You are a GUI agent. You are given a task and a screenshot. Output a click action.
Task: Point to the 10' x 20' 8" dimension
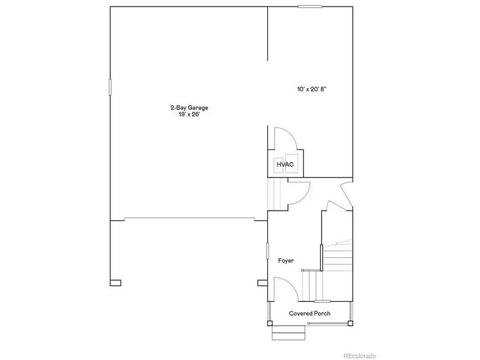point(311,90)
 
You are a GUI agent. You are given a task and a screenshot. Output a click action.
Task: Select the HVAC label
point(285,164)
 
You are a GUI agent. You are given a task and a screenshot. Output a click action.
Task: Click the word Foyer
point(286,260)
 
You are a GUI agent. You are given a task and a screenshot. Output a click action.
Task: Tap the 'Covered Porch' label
point(309,313)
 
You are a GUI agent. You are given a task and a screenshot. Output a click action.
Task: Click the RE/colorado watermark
point(359,356)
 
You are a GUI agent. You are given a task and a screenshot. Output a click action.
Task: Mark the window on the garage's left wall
point(110,87)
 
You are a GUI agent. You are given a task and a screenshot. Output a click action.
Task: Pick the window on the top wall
point(310,6)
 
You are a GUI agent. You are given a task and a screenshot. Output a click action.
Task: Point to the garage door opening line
point(189,218)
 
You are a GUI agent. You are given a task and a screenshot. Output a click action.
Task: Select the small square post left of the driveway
point(116,283)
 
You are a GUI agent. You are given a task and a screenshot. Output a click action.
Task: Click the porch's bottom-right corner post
point(350,323)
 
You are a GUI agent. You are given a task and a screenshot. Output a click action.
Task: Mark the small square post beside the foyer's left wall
point(261,282)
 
